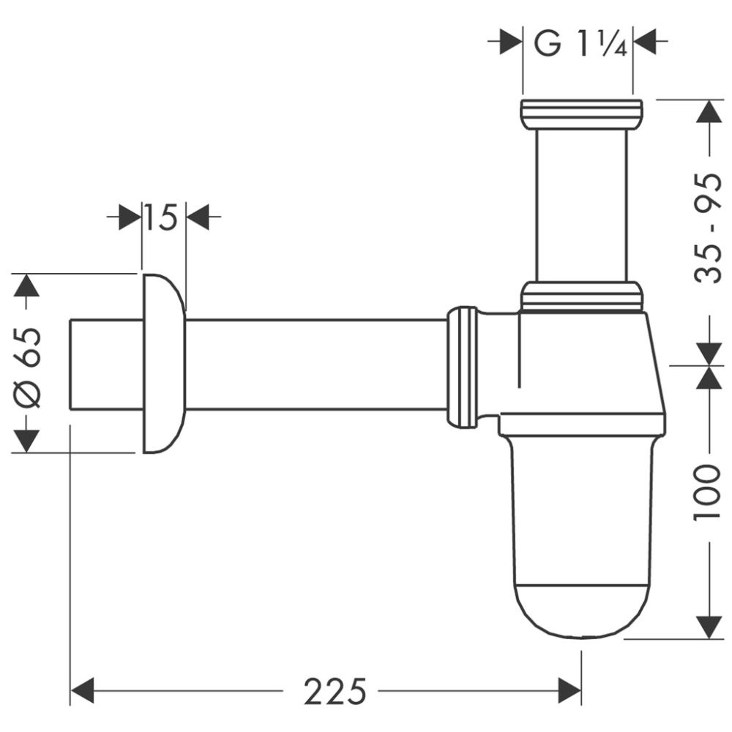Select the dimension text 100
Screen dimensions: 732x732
[708, 493]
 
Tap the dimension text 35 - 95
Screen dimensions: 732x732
[708, 228]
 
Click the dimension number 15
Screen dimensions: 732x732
[160, 217]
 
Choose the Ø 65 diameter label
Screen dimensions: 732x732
[28, 365]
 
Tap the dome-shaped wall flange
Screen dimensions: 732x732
[163, 364]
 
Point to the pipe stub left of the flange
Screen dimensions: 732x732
[105, 364]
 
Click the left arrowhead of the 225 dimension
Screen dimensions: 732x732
[83, 690]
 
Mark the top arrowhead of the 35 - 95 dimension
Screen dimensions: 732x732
[708, 111]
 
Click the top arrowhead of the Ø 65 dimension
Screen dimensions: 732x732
[28, 285]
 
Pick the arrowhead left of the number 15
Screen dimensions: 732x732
[129, 217]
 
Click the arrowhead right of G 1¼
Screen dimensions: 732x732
[645, 42]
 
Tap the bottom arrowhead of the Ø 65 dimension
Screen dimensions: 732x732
[28, 441]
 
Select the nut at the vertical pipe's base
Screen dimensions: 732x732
[582, 296]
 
